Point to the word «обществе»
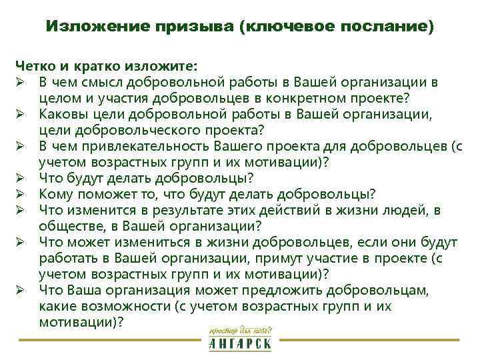point(67,226)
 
